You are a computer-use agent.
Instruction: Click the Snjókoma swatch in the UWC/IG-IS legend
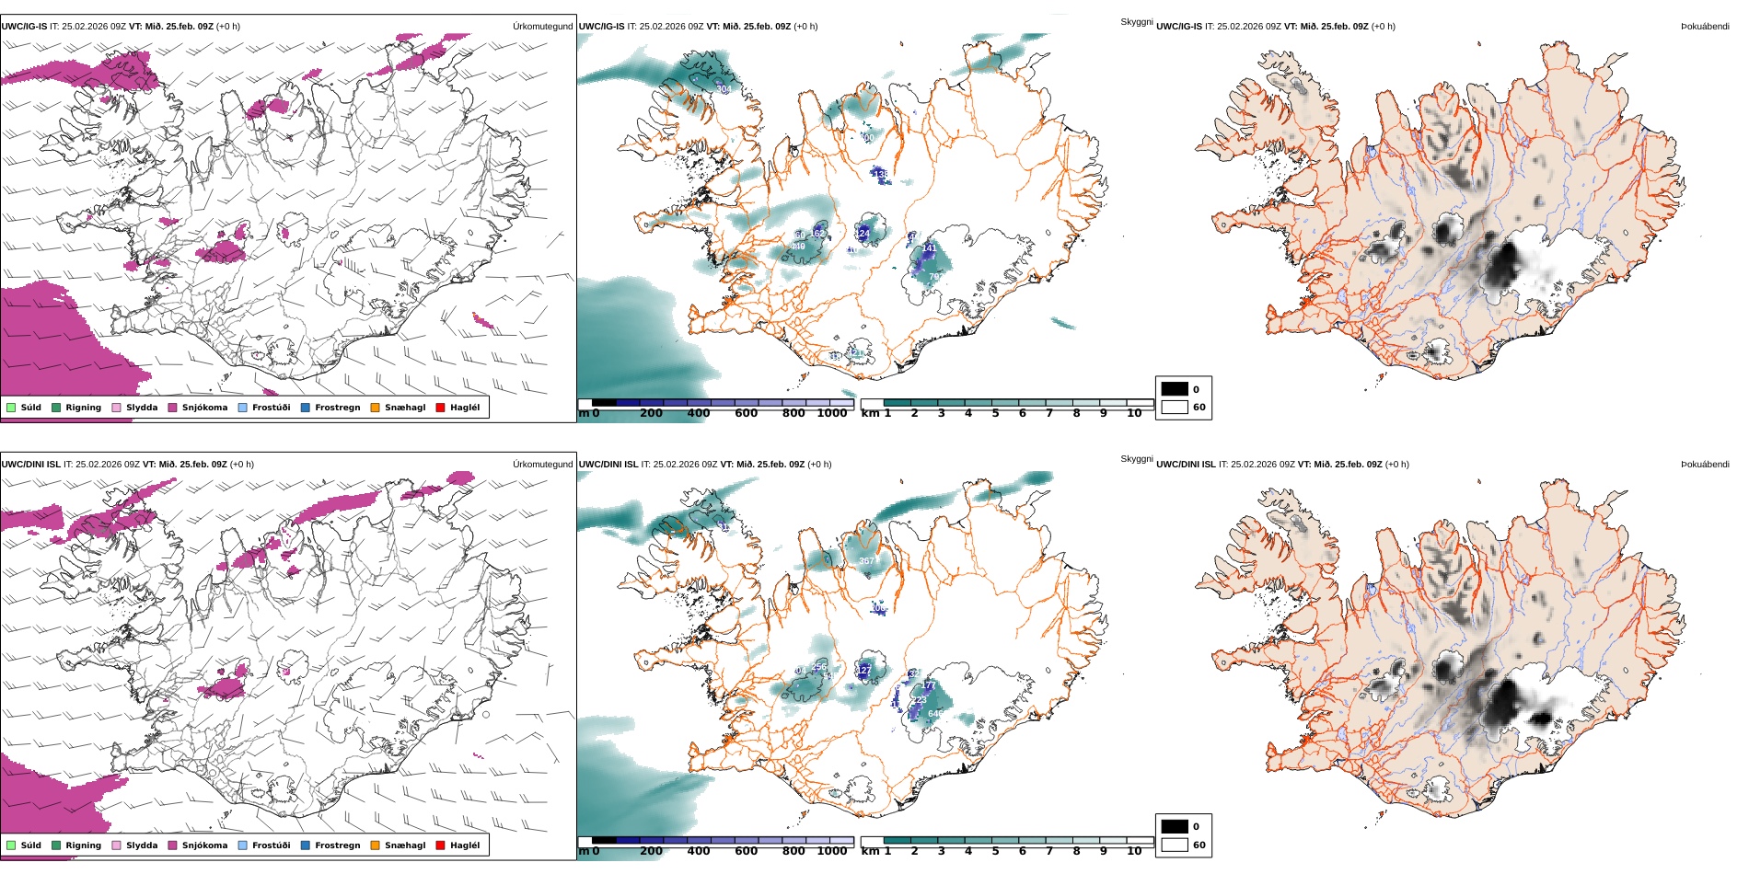click(172, 408)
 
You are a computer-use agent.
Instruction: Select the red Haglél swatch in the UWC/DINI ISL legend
click(440, 845)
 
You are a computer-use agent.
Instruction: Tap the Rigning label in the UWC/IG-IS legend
click(83, 408)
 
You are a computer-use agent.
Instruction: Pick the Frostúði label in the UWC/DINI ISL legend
click(271, 845)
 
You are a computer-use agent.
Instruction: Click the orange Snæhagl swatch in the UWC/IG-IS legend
click(375, 408)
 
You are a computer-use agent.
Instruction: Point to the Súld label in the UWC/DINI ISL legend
click(30, 845)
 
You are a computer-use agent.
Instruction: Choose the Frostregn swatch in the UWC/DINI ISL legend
click(306, 845)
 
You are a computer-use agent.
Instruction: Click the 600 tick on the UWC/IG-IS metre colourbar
click(746, 413)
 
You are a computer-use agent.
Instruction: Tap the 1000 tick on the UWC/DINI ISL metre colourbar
click(831, 851)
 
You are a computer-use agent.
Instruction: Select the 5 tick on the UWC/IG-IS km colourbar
click(995, 413)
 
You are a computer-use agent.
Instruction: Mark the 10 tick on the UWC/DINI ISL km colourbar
click(1134, 851)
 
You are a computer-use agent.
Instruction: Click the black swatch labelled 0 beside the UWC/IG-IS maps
click(1175, 389)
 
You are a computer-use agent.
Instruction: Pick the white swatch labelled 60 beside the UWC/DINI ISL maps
click(1175, 845)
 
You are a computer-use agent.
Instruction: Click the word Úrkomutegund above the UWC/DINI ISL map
click(542, 465)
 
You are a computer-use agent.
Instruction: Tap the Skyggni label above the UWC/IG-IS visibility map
click(1136, 22)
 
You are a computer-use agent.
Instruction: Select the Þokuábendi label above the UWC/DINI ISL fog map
click(1705, 465)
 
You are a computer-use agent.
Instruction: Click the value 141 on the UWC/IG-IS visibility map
click(929, 248)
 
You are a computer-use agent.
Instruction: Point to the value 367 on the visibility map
click(867, 560)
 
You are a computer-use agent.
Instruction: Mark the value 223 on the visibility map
click(919, 700)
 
